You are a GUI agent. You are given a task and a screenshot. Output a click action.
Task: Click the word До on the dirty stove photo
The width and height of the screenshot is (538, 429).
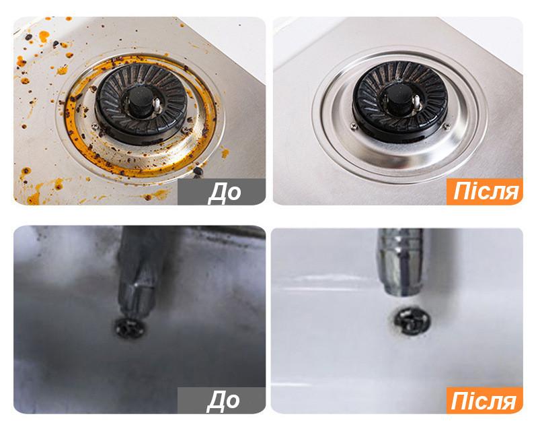point(225,192)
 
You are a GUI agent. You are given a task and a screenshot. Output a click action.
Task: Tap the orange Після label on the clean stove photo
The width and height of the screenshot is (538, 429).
point(484,192)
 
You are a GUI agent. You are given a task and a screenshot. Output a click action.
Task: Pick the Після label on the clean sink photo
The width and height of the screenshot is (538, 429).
point(484,401)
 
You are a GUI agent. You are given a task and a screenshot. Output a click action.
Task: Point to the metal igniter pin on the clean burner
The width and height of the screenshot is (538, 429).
point(416,102)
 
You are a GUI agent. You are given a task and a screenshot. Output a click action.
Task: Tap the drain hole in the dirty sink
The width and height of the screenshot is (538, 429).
point(130,329)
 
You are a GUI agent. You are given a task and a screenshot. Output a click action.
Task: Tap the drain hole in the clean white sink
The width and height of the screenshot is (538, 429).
point(412,321)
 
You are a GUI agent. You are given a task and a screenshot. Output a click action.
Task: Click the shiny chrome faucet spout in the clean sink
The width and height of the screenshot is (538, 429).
point(401,262)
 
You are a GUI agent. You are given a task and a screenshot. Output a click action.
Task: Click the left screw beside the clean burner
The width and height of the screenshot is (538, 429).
point(354,127)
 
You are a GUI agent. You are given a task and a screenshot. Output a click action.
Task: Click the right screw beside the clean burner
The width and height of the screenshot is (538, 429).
point(447,127)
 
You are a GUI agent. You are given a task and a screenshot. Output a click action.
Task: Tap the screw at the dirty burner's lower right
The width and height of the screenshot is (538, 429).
point(186,129)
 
